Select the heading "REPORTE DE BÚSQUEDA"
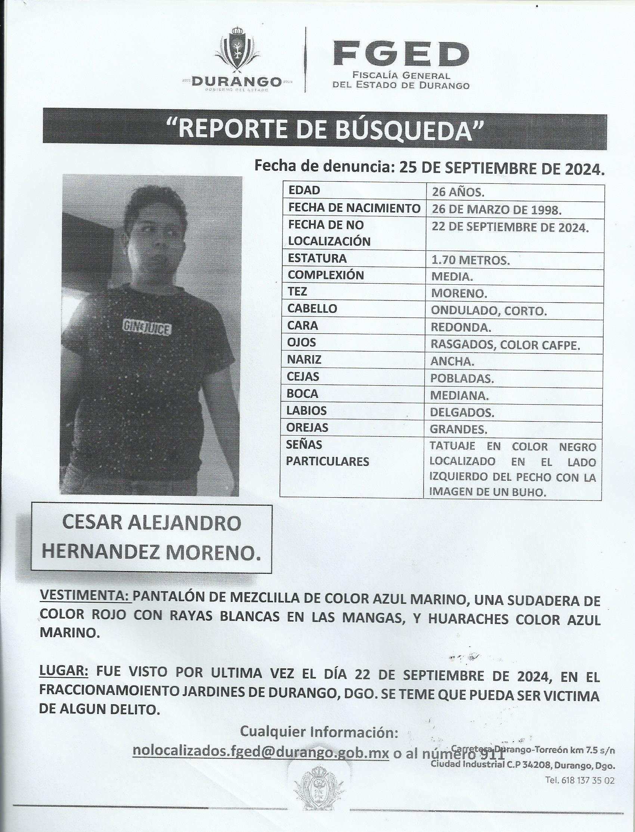pyautogui.click(x=325, y=129)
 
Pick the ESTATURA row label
pyautogui.click(x=317, y=259)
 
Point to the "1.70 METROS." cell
pyautogui.click(x=471, y=261)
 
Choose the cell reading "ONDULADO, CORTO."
pyautogui.click(x=489, y=311)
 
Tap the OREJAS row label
pyautogui.click(x=308, y=427)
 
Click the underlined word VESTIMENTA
pyautogui.click(x=86, y=601)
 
